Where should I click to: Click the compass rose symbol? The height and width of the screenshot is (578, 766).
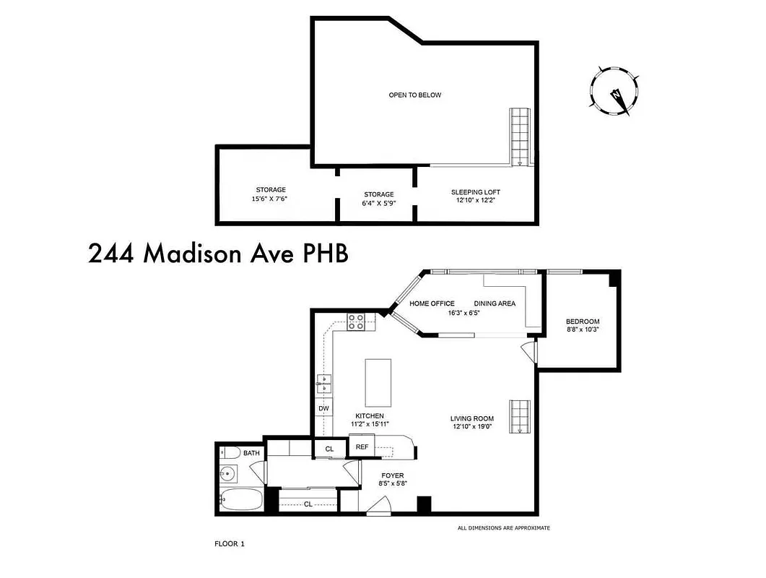[614, 91]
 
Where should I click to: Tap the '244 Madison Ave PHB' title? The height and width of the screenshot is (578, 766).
[218, 254]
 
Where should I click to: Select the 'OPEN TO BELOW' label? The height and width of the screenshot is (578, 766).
[414, 95]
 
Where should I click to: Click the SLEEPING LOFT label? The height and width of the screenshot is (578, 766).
[475, 192]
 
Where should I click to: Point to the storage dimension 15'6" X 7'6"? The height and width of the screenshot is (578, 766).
[269, 199]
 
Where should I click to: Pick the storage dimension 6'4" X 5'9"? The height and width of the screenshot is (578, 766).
[378, 203]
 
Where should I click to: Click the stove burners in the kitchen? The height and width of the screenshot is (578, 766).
[356, 322]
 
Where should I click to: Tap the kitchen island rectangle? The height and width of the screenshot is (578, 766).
[378, 382]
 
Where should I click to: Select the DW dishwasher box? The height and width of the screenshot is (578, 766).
[323, 409]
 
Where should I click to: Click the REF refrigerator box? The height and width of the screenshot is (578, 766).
[362, 447]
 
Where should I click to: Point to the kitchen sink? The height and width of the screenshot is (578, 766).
[324, 384]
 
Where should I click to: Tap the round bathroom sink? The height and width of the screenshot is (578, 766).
[229, 475]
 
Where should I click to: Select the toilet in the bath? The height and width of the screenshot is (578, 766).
[229, 453]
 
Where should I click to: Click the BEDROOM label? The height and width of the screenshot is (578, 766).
[582, 322]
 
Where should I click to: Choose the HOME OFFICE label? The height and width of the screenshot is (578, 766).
[432, 303]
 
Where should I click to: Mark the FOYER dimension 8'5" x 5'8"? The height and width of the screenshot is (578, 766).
[393, 484]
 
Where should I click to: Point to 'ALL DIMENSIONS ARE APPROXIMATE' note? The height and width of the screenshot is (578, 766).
[503, 528]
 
